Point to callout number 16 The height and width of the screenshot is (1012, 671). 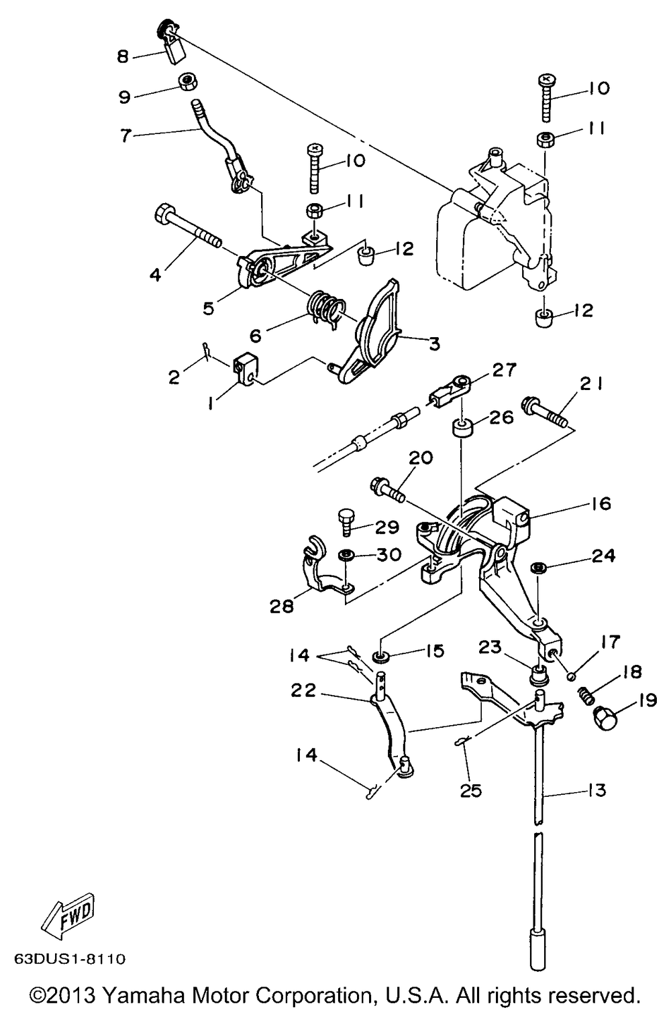point(601,503)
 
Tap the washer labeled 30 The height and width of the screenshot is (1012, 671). point(347,555)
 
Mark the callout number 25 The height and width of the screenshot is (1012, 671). point(471,791)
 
